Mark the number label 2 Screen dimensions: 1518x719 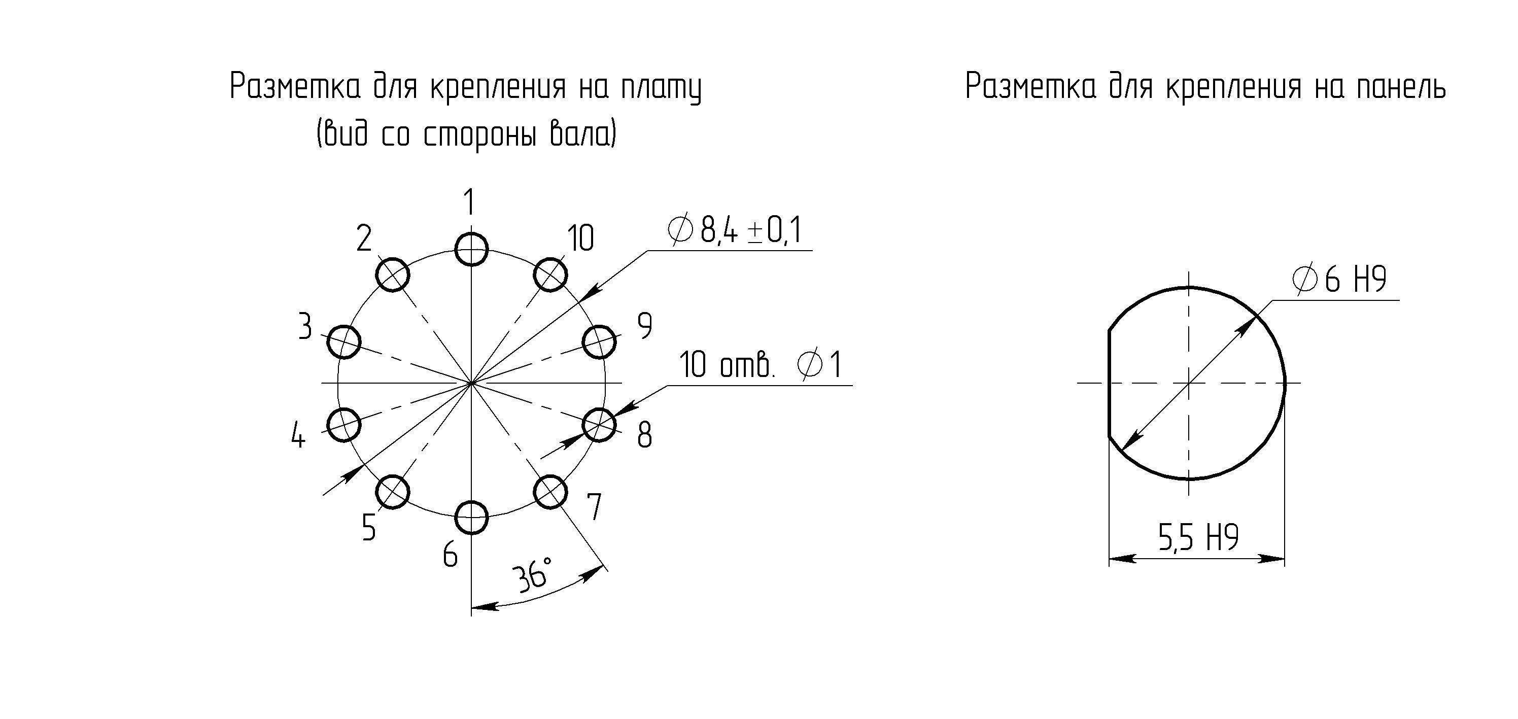point(364,238)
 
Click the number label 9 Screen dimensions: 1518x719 point(645,325)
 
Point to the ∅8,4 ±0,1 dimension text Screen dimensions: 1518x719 point(735,230)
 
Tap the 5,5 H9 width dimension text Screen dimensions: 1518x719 point(1198,537)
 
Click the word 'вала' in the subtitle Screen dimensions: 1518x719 point(583,134)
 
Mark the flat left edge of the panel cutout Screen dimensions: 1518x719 point(1109,383)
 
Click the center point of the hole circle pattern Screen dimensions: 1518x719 point(471,383)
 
